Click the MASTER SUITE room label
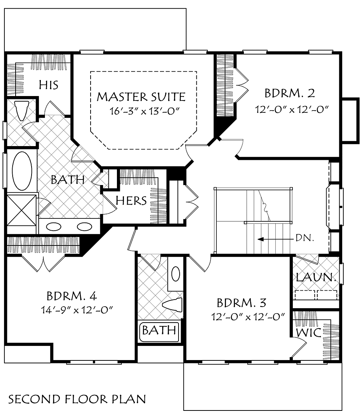point(141,97)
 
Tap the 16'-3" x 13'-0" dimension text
point(141,111)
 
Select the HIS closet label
point(49,85)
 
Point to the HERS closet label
point(131,201)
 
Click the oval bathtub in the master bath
point(22,171)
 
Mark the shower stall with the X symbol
point(22,209)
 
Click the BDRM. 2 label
point(290,93)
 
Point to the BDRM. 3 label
point(242,303)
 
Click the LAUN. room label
point(316,278)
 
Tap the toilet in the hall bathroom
point(173,305)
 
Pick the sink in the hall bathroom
point(176,274)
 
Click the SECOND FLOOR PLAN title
point(77,399)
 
